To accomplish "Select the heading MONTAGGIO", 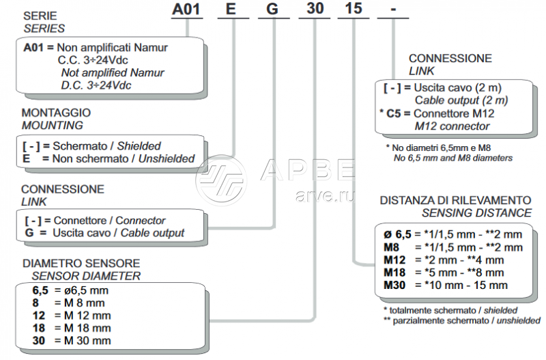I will [56, 113].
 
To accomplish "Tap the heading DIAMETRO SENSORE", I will [81, 263].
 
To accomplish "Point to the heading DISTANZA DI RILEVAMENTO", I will [455, 200].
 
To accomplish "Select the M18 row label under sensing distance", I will [394, 272].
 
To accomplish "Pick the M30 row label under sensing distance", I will [394, 284].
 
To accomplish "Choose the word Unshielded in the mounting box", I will [167, 159].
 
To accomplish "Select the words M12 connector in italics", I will [452, 126].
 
